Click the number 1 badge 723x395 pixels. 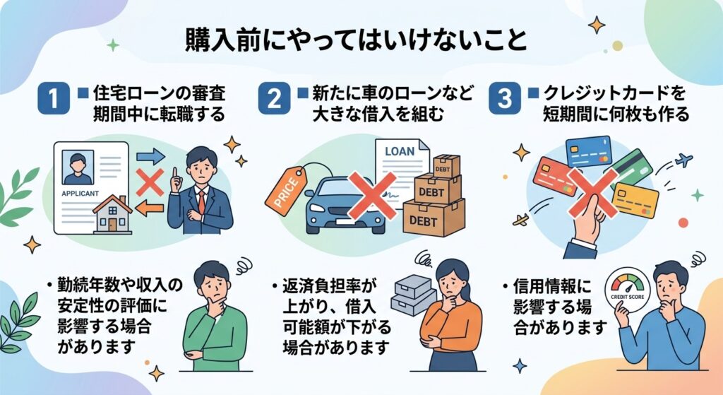[x=54, y=98]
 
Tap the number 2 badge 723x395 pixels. [x=274, y=98]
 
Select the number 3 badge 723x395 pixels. [x=504, y=98]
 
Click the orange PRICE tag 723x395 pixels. [x=286, y=190]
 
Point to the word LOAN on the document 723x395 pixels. [x=400, y=151]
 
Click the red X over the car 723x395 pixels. [x=372, y=195]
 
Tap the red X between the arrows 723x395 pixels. [x=150, y=182]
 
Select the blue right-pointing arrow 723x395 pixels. [x=150, y=156]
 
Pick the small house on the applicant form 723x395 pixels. [x=113, y=214]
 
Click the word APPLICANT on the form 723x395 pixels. [x=80, y=194]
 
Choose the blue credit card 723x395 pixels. [x=588, y=151]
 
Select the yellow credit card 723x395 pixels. [x=635, y=200]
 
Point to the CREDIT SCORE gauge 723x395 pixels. [x=627, y=290]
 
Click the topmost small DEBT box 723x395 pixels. [x=446, y=166]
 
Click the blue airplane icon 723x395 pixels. [x=683, y=160]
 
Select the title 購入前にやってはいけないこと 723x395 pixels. [x=356, y=40]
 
